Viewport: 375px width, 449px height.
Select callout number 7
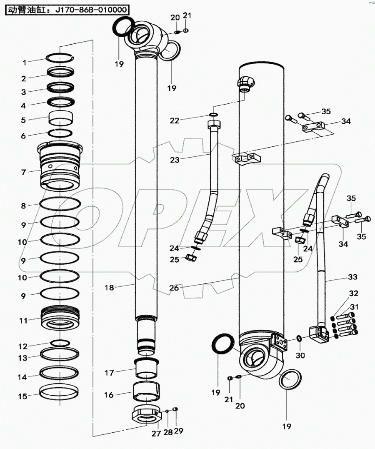pyautogui.click(x=24, y=172)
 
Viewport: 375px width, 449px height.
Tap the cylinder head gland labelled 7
pyautogui.click(x=60, y=167)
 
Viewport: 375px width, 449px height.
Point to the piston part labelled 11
pyautogui.click(x=60, y=319)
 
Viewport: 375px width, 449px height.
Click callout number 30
pyautogui.click(x=300, y=355)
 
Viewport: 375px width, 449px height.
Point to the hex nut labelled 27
pyautogui.click(x=147, y=414)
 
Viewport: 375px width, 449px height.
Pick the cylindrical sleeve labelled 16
pyautogui.click(x=146, y=391)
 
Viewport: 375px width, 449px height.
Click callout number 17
pyautogui.click(x=109, y=373)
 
